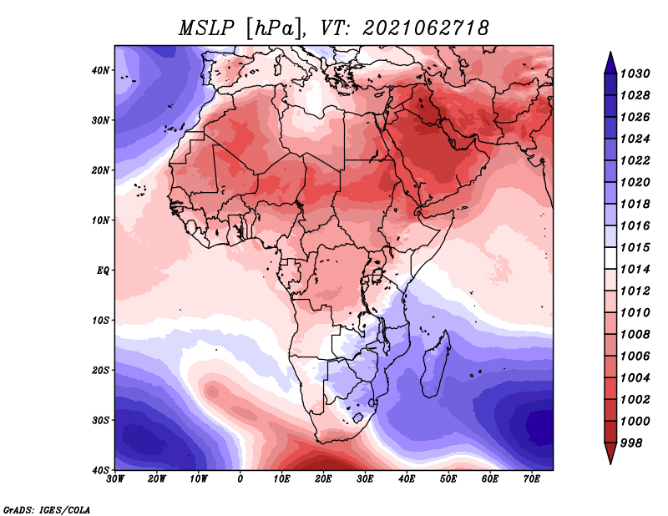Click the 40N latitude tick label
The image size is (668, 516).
pyautogui.click(x=100, y=70)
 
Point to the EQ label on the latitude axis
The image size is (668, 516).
pyautogui.click(x=103, y=271)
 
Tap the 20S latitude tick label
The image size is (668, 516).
pyautogui.click(x=100, y=370)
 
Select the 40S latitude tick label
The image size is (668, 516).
pyautogui.click(x=100, y=470)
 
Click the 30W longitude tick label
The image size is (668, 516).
pyautogui.click(x=115, y=479)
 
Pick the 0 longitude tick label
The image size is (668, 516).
pyautogui.click(x=240, y=479)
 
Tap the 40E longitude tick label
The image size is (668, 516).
pyautogui.click(x=407, y=479)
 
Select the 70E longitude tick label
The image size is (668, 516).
pyautogui.click(x=532, y=479)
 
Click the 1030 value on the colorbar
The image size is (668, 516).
pyautogui.click(x=635, y=73)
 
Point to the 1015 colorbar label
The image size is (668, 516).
pyautogui.click(x=635, y=247)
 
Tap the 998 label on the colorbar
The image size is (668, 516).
pyautogui.click(x=631, y=443)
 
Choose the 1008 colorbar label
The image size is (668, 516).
pyautogui.click(x=635, y=335)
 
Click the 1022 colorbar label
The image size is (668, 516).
pyautogui.click(x=635, y=160)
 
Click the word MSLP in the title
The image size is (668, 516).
pyautogui.click(x=206, y=28)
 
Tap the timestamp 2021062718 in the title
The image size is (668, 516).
pyautogui.click(x=425, y=28)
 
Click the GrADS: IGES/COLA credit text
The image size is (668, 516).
pyautogui.click(x=47, y=509)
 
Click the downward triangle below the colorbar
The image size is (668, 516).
pyautogui.click(x=610, y=453)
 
